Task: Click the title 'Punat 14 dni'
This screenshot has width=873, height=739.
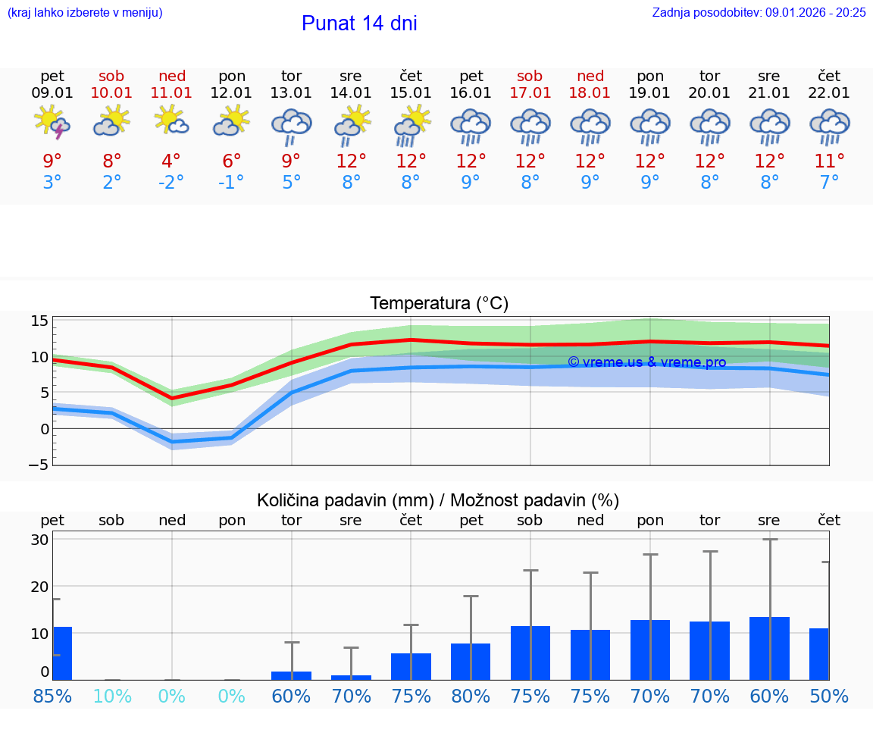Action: coord(359,23)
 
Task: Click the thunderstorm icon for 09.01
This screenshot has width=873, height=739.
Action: coord(52,122)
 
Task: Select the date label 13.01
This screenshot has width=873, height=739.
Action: coord(291,92)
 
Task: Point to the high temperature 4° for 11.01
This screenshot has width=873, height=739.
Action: coord(171,161)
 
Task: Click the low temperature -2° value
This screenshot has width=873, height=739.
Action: coord(171,182)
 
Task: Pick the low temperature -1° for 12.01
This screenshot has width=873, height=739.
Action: coord(231,182)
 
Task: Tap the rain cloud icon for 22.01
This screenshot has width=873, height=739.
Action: coord(829,126)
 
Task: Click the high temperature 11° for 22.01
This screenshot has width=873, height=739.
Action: coord(829,161)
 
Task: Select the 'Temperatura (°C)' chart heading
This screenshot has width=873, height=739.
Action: coord(439,304)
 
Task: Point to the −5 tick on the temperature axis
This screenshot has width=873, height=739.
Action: coord(40,464)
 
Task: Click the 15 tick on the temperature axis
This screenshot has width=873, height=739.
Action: coord(40,321)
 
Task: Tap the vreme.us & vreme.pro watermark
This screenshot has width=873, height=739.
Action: coord(646,362)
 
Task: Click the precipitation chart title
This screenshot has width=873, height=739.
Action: coord(438,500)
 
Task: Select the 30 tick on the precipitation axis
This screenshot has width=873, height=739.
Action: coord(40,540)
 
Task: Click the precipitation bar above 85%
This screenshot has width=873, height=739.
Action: coord(62,653)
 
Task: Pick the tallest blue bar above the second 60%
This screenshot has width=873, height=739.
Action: coord(769,649)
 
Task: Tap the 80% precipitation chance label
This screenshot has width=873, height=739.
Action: coord(471,697)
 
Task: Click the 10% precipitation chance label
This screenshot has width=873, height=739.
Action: coord(111,697)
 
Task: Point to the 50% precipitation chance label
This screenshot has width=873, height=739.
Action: coord(829,697)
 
